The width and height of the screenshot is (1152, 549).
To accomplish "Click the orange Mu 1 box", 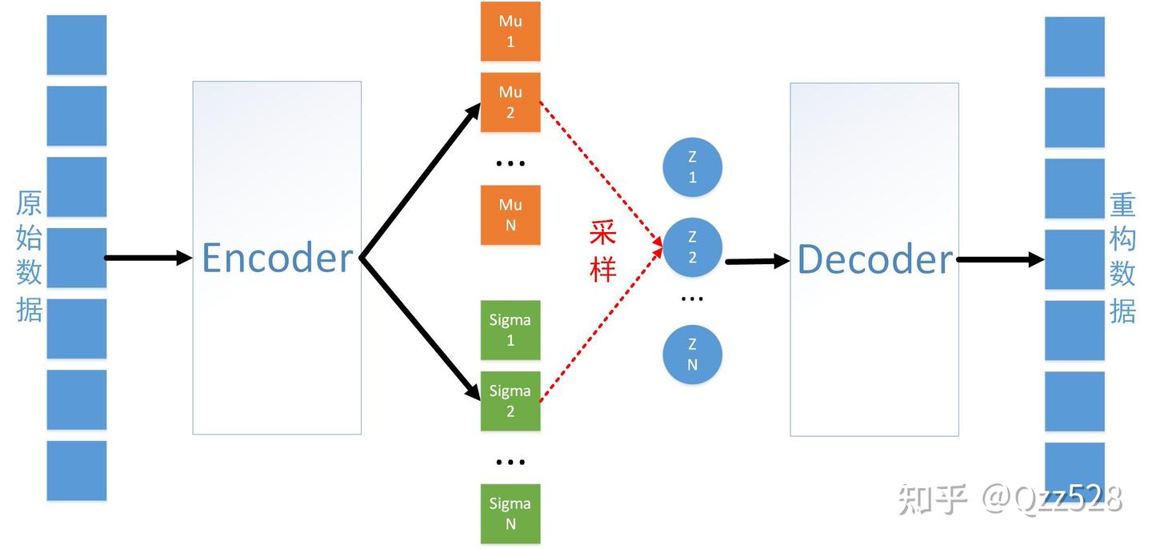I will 510,31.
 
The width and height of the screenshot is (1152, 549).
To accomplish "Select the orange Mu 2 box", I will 510,102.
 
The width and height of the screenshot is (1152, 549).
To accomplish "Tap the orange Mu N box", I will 510,214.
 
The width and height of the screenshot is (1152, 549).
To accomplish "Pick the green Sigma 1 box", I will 510,330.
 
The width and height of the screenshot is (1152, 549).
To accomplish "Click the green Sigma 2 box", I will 510,401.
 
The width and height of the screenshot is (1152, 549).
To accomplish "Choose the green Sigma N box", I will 510,513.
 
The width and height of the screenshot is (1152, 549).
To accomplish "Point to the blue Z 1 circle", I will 692,167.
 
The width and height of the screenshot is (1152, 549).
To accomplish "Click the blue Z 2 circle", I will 692,247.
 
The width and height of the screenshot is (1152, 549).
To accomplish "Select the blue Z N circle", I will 692,355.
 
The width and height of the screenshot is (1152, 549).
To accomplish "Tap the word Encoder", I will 277,258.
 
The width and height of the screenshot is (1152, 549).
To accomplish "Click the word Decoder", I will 874,260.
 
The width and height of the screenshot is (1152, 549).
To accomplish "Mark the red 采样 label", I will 602,250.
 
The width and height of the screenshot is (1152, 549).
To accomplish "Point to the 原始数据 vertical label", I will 30,256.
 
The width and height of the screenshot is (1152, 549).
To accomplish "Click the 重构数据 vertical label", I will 1122,258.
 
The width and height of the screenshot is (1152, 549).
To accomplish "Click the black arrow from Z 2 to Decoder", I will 756,261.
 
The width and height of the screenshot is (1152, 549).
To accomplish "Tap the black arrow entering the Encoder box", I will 148,258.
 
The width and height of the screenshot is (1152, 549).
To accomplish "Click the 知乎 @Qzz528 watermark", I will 1010,499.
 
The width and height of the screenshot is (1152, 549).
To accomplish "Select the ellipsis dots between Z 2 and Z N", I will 692,299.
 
